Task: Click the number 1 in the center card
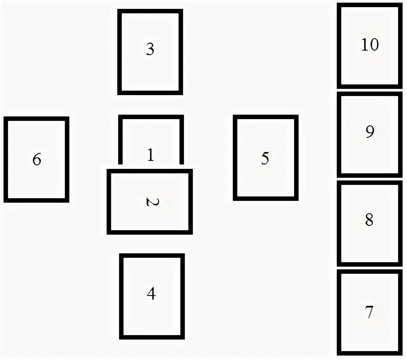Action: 150,155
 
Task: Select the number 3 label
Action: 150,49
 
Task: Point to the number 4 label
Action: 151,294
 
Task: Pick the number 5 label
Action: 265,159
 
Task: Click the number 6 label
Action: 36,159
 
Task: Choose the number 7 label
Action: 369,312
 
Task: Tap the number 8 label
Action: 369,220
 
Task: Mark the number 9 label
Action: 370,132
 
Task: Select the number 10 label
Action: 370,45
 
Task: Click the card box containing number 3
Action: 150,71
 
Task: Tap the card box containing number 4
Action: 152,316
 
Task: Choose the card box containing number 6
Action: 36,182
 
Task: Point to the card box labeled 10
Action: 370,67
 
